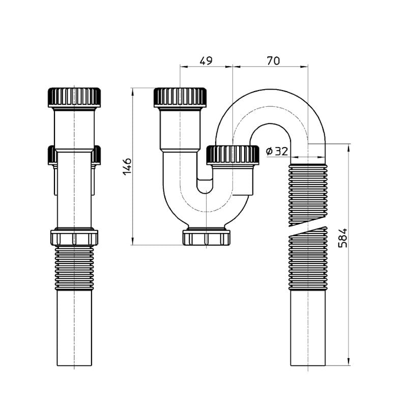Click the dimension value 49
click(206, 61)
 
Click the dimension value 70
click(273, 61)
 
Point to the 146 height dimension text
click(127, 166)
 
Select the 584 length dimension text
click(342, 238)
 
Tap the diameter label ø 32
click(277, 151)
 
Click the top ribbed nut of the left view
click(74, 97)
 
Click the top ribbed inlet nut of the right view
click(180, 97)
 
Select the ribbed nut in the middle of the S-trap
click(232, 155)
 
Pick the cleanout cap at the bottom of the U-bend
click(207, 237)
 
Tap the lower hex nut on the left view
click(74, 237)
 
